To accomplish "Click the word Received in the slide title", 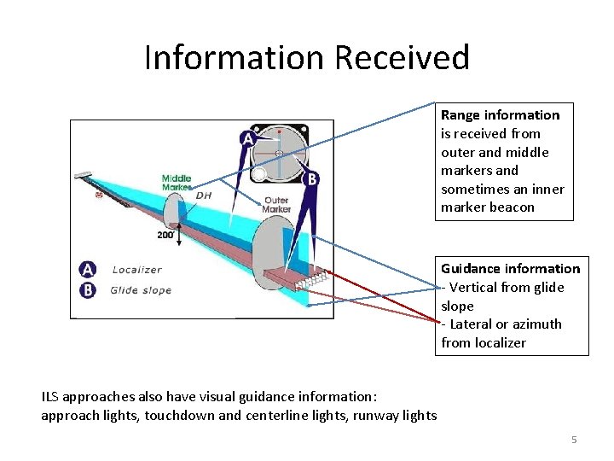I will [402, 58].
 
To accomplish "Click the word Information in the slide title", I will [235, 58].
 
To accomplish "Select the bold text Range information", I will [500, 115].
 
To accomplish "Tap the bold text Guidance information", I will [510, 268].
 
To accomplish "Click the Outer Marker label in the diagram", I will [276, 205].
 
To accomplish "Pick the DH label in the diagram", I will [204, 195].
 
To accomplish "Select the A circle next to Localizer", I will [88, 270].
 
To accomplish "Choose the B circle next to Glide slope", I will [88, 289].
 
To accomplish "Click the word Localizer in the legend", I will [136, 270].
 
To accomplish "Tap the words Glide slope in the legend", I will [141, 290].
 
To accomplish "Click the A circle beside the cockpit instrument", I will [247, 137].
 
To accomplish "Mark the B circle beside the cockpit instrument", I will [313, 179].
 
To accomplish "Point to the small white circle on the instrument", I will [259, 173].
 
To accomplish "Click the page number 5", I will [574, 440].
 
